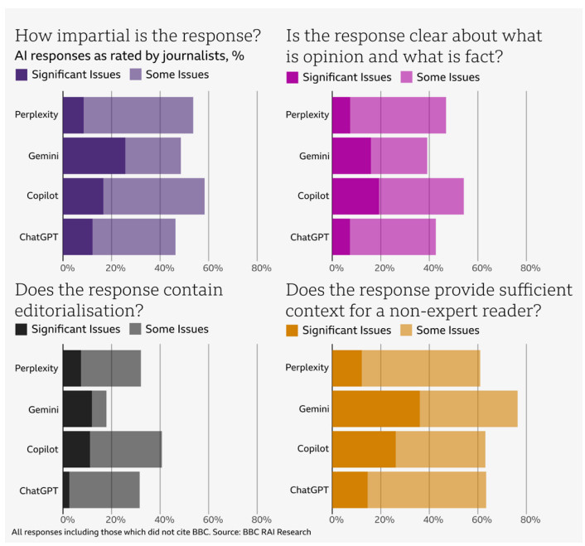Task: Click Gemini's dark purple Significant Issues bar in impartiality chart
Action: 94,156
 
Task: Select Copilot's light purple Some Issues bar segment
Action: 154,197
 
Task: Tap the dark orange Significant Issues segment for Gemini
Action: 375,408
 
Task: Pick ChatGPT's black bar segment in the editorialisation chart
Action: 66,490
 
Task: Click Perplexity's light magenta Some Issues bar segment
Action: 398,115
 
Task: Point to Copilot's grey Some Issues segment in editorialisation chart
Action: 126,449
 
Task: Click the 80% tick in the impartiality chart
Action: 261,268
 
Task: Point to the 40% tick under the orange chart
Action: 432,520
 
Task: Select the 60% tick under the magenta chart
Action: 481,268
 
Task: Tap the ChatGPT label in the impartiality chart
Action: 38,238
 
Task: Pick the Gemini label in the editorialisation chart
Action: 41,408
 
